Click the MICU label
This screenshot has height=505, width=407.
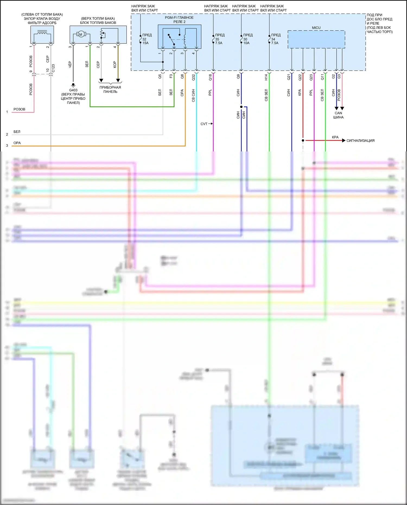316,28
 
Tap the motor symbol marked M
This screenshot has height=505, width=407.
81,34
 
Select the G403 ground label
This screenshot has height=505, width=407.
73,90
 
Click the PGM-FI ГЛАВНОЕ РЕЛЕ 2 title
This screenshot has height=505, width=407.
179,20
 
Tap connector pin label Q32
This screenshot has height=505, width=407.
193,77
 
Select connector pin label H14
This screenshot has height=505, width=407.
266,77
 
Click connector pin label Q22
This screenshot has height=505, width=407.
300,77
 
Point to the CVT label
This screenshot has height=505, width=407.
204,124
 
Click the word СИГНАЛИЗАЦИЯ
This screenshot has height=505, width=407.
360,141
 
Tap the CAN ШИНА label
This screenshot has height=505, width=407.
338,115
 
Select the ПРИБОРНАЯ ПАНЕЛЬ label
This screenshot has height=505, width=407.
110,89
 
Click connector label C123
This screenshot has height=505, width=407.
53,68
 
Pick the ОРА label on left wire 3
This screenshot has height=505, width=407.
17,143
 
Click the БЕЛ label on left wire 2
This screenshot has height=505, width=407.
17,132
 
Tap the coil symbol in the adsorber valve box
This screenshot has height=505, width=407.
42,33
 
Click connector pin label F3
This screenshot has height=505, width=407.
171,76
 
